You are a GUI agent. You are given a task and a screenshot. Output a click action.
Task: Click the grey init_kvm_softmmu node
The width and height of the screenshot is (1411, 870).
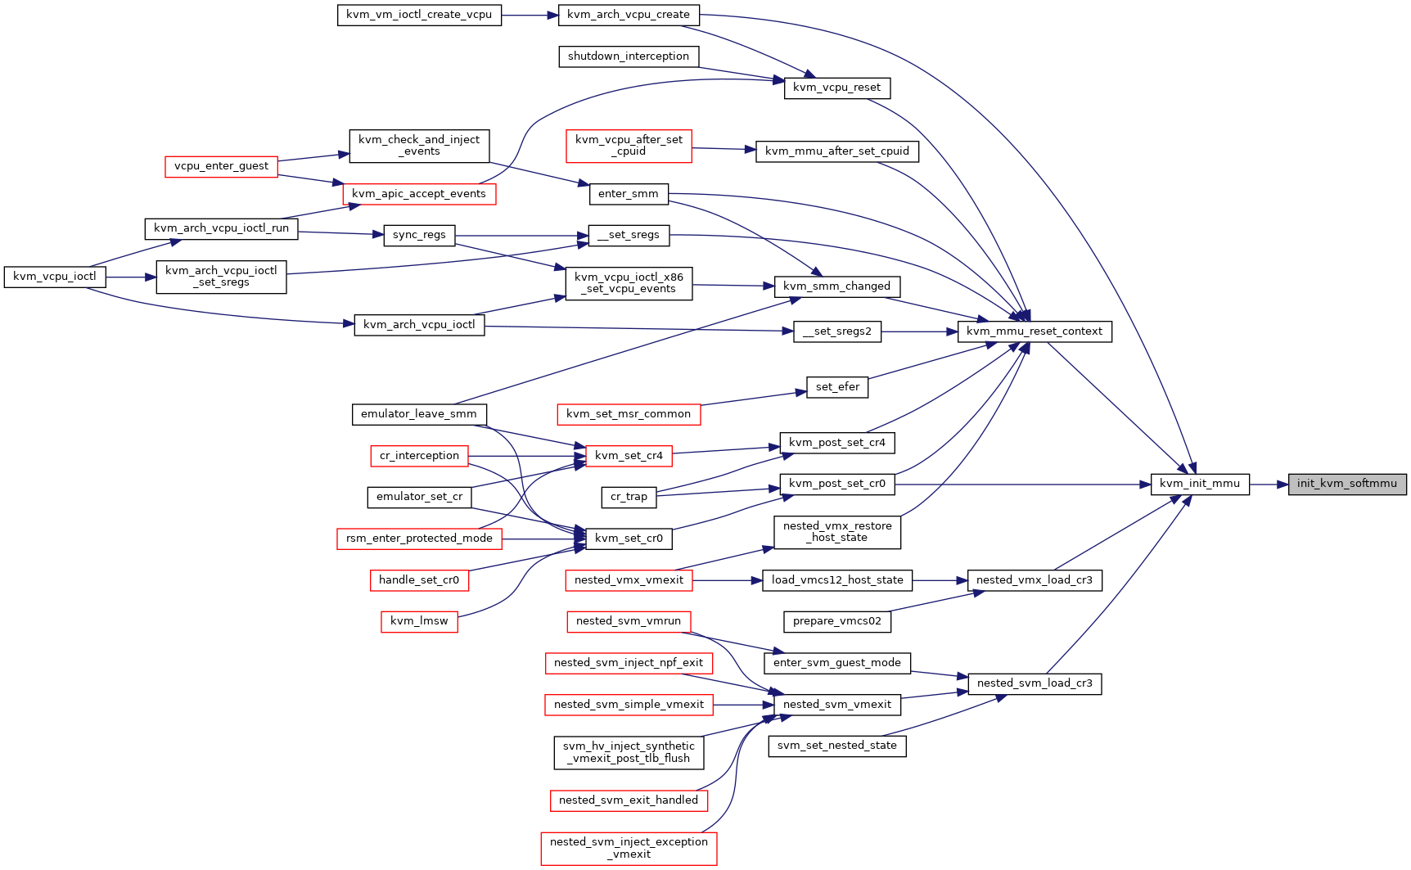tap(1347, 484)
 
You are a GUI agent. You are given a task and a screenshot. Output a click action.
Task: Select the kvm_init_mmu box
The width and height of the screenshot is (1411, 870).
tap(1200, 484)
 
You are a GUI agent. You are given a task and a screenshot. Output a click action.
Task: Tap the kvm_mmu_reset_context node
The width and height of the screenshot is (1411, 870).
tap(1035, 331)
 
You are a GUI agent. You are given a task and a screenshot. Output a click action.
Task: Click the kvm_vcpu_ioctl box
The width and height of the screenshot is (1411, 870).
tap(55, 277)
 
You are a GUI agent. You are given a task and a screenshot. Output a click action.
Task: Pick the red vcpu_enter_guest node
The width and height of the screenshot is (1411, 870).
tap(221, 166)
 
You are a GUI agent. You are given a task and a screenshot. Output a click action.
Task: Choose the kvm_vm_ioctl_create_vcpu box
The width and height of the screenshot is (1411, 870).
tap(420, 15)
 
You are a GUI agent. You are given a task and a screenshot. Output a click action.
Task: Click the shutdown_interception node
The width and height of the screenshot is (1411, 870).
tap(629, 56)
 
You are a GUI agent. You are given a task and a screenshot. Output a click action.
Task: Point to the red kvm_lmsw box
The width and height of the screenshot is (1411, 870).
tap(419, 621)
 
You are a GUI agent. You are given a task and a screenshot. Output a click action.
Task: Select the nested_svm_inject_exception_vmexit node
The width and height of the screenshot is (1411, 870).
tap(629, 848)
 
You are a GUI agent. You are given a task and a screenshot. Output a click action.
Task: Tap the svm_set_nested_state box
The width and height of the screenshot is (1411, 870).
tap(837, 746)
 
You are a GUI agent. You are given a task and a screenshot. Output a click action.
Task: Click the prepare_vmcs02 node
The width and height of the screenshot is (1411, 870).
tap(837, 621)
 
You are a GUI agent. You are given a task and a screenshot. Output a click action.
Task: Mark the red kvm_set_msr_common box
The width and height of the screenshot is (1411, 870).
tap(629, 414)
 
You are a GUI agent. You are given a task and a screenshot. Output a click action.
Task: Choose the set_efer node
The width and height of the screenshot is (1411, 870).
tap(837, 387)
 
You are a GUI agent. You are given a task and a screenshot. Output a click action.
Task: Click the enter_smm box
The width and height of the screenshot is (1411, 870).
tap(629, 194)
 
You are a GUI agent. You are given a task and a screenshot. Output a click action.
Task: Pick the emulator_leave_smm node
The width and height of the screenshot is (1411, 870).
tap(419, 414)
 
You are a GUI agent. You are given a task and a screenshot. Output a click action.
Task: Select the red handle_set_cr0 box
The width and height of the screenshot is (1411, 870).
tap(419, 580)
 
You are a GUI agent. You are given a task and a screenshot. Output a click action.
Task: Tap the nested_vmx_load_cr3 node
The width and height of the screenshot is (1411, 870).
tap(1035, 580)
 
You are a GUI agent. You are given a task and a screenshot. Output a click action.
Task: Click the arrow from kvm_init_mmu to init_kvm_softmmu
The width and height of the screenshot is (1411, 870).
tap(1269, 484)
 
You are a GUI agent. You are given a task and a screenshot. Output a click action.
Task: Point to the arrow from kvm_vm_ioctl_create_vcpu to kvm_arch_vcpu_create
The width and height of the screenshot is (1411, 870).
tap(530, 15)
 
